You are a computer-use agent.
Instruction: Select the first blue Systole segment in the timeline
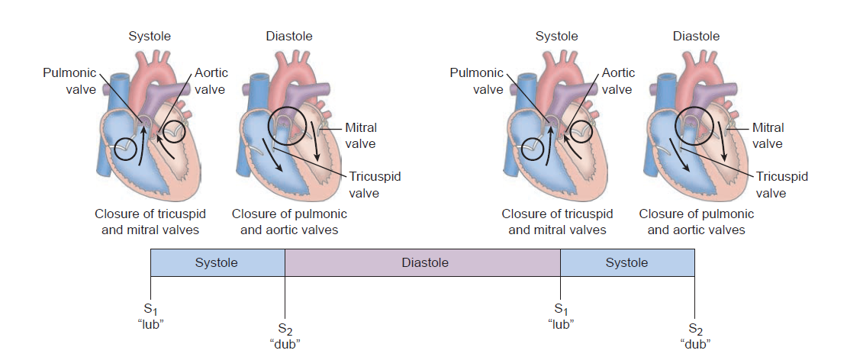click(217, 263)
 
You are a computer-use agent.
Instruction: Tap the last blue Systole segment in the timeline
click(627, 263)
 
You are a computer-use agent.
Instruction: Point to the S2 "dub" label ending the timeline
click(694, 336)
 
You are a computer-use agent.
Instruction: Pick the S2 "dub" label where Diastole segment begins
click(285, 336)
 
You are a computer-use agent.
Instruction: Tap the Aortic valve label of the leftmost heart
click(211, 81)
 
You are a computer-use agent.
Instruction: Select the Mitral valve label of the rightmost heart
click(768, 136)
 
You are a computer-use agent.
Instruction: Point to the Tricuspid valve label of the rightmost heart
click(782, 185)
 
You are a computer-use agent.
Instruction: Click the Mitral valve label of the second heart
click(360, 136)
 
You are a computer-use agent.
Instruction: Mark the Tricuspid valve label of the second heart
click(375, 185)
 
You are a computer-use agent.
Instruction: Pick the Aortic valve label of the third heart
click(618, 81)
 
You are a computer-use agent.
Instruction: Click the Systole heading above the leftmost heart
click(150, 36)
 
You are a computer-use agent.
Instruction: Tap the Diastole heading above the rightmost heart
click(696, 36)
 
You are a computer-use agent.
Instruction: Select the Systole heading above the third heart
click(557, 36)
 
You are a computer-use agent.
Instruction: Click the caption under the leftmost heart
click(150, 222)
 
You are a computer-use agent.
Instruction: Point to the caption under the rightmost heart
click(696, 222)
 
